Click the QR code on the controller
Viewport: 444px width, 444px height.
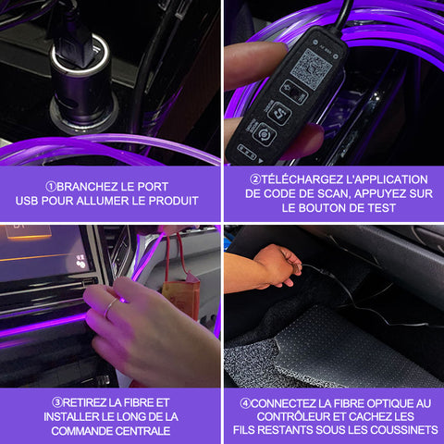312,68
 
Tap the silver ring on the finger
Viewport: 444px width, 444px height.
110,308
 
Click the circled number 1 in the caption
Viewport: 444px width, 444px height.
51,186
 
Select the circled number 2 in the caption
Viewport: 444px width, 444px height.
255,179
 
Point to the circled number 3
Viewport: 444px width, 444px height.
57,402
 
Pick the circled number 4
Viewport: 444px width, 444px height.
245,403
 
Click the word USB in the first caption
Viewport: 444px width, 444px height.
27,201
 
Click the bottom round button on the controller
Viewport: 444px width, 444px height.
265,135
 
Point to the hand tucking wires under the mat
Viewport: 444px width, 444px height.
277,266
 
